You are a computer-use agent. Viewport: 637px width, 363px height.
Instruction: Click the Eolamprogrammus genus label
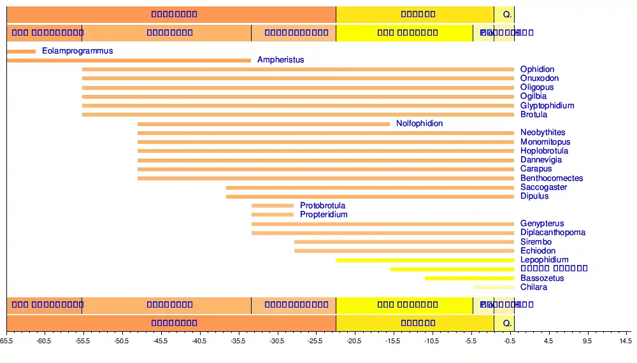pos(77,51)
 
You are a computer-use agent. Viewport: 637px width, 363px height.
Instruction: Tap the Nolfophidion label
pos(419,124)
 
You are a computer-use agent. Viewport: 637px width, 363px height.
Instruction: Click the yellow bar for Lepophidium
pos(425,260)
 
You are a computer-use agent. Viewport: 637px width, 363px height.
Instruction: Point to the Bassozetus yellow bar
pos(469,278)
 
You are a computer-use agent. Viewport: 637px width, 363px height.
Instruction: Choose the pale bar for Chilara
pos(493,287)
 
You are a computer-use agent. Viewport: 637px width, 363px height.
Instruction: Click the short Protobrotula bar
pos(272,206)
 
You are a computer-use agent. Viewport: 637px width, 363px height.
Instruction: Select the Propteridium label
pos(324,215)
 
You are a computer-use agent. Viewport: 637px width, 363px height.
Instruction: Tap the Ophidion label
pos(537,69)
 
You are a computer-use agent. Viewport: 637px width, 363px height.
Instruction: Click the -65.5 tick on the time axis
pos(7,341)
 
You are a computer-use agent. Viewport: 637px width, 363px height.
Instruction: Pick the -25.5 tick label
pos(315,341)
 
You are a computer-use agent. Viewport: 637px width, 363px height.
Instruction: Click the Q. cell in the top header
pos(507,14)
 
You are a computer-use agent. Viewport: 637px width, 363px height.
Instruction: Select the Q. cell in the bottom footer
pos(507,323)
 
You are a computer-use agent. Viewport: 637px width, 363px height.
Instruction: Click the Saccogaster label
pos(543,187)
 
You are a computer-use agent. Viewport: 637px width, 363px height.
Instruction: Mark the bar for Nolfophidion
pos(263,124)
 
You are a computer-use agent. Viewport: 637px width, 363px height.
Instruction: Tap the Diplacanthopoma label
pos(552,232)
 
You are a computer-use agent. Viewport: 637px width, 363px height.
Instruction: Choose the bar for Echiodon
pos(404,251)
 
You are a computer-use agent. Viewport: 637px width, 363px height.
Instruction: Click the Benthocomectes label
pos(552,178)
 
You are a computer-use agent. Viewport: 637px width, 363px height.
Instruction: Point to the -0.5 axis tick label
pos(509,341)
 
